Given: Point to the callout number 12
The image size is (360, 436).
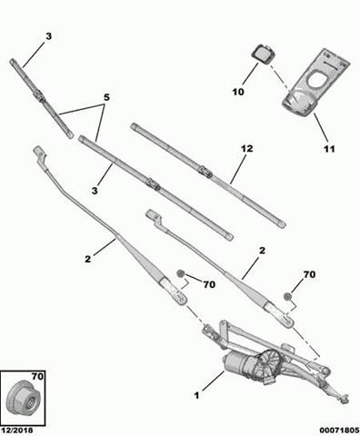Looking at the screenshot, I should coord(245,148).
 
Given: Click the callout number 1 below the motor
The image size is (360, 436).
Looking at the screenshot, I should coord(195,394).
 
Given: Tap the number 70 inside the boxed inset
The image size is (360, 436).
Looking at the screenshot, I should coord(35,375).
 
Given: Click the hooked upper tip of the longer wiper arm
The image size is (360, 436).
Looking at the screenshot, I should coord(38,150).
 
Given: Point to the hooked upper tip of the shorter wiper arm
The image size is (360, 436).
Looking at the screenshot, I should coord(151,216).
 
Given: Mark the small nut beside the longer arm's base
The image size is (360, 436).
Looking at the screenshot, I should coord(181,274).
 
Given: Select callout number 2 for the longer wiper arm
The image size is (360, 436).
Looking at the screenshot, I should coord(88,259).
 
